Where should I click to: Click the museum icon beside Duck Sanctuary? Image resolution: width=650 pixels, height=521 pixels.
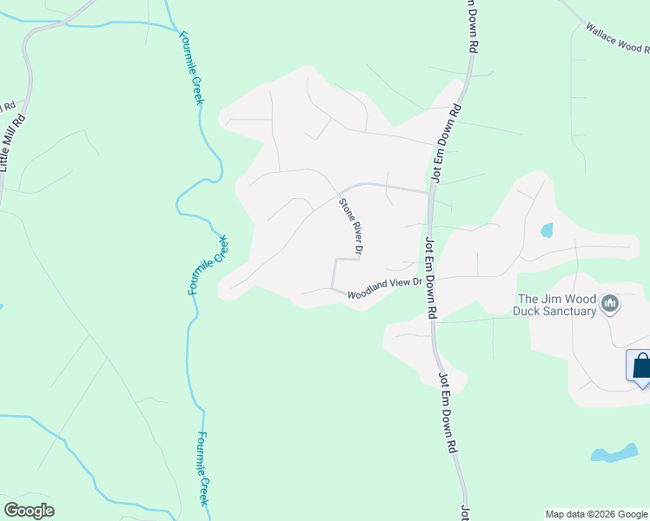point(610,304)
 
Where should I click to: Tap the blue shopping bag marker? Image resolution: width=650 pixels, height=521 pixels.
point(641,365)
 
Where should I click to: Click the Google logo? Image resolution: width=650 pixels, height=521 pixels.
point(29,511)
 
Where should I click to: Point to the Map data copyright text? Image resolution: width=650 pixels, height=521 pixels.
point(596,514)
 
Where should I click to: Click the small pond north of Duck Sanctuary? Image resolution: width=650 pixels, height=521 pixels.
point(547,230)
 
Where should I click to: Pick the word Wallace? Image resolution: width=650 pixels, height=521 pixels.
point(600,33)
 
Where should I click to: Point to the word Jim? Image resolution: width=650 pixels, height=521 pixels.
point(554,299)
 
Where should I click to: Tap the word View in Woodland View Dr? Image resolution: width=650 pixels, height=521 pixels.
point(401,286)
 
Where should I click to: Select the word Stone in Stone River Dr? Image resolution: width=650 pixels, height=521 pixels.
point(344,210)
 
